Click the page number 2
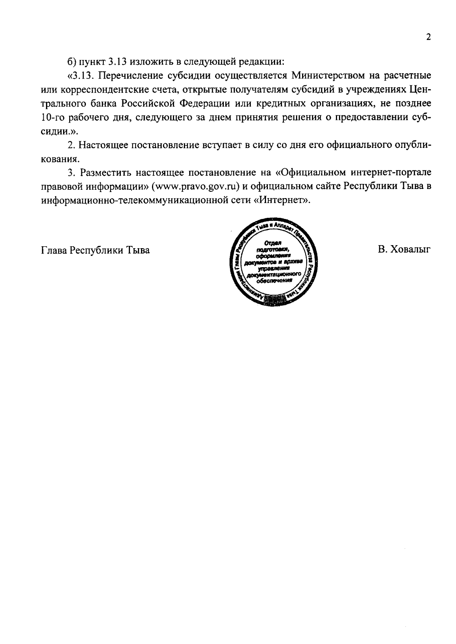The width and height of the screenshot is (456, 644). [x=428, y=37]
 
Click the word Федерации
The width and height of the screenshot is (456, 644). [x=205, y=103]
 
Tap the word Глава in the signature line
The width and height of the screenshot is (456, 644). [x=54, y=250]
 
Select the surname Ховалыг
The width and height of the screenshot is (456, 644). [x=411, y=250]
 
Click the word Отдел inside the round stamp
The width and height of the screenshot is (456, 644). [x=272, y=243]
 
